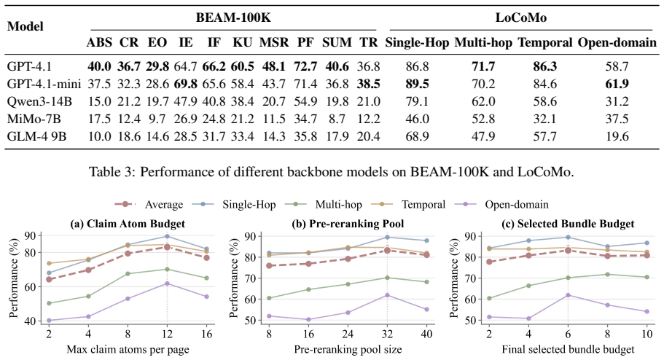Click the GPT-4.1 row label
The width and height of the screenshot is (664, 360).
click(29, 66)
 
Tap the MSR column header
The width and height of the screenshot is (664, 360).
click(274, 42)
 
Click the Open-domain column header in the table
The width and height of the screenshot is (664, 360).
click(617, 42)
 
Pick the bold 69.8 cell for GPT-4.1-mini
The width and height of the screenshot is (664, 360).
click(185, 84)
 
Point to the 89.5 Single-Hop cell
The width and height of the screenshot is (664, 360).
click(417, 84)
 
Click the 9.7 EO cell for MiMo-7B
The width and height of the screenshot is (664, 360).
click(157, 119)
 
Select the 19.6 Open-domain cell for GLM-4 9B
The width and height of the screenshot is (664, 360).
click(617, 136)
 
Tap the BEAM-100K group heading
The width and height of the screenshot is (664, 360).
click(233, 17)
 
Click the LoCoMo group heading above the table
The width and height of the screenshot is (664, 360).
click(521, 17)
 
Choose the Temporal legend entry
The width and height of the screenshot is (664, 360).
click(408, 205)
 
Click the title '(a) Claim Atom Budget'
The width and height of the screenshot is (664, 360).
click(128, 224)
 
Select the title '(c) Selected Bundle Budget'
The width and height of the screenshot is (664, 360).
click(568, 224)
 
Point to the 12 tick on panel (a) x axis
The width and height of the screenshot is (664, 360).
click(167, 334)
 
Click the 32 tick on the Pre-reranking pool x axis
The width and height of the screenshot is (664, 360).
click(387, 334)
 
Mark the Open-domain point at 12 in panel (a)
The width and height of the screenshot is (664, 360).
click(167, 283)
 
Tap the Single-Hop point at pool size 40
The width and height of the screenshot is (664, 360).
click(427, 240)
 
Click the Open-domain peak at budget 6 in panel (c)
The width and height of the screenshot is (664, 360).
click(568, 294)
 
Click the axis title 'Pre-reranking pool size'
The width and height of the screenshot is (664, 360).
click(348, 350)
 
